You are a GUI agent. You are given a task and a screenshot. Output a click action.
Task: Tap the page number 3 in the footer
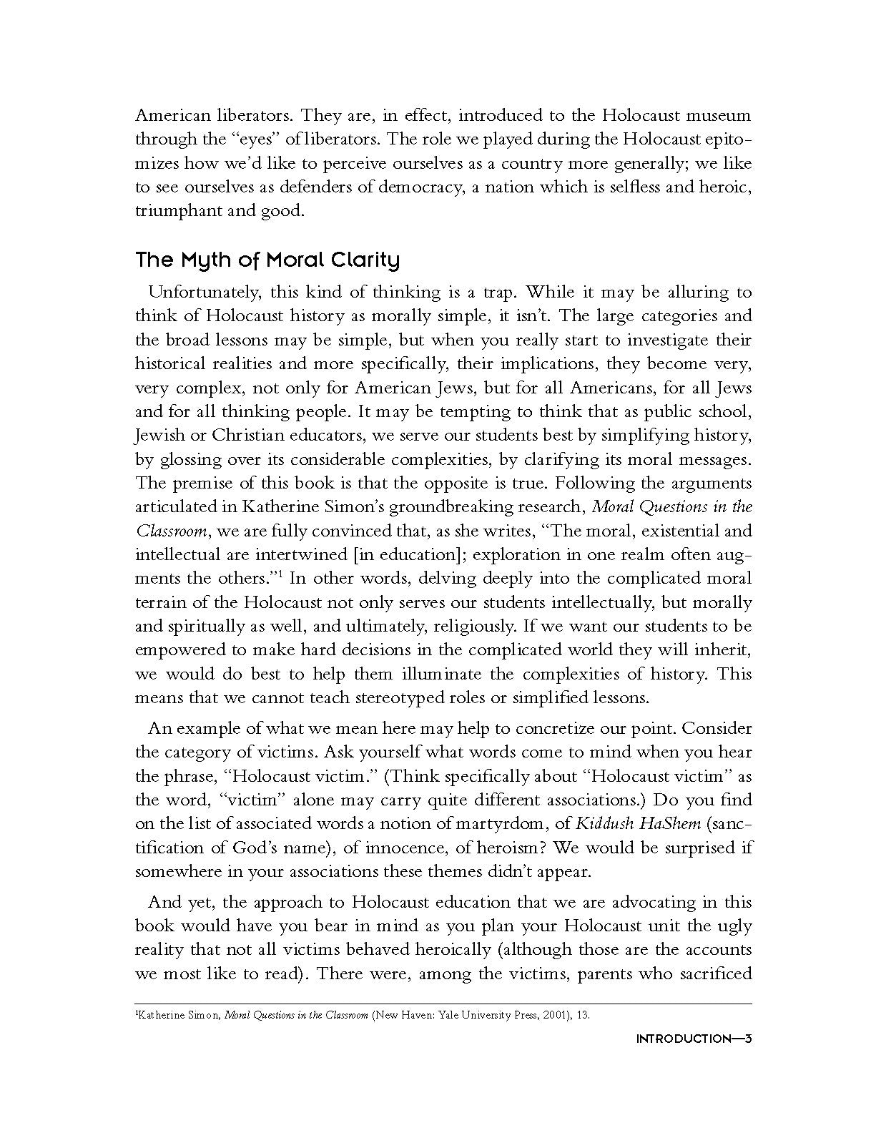(x=747, y=1040)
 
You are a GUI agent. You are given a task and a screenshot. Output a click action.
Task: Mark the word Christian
(x=264, y=436)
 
